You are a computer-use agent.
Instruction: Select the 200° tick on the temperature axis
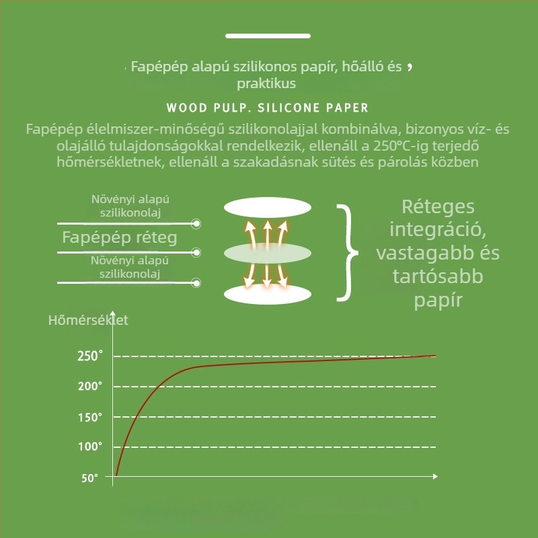pyautogui.click(x=90, y=386)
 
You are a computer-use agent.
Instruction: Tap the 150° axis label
pyautogui.click(x=90, y=417)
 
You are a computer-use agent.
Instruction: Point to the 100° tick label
pyautogui.click(x=90, y=447)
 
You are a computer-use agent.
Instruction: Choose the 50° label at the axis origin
pyautogui.click(x=89, y=478)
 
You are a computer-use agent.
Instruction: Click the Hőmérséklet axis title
pyautogui.click(x=88, y=320)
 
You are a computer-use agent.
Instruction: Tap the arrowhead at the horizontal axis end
pyautogui.click(x=435, y=476)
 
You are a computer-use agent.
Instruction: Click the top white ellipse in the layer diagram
pyautogui.click(x=268, y=208)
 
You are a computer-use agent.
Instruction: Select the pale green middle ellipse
pyautogui.click(x=268, y=254)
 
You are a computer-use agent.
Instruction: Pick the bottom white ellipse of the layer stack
pyautogui.click(x=268, y=295)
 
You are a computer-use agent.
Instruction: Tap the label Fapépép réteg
pyautogui.click(x=120, y=237)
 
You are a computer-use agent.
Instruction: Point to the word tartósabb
pyautogui.click(x=438, y=276)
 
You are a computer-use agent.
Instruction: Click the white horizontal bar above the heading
pyautogui.click(x=268, y=36)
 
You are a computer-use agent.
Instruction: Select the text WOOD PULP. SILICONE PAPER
pyautogui.click(x=267, y=108)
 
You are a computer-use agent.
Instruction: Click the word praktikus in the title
pyautogui.click(x=266, y=83)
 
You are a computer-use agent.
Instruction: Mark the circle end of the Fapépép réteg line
pyautogui.click(x=196, y=253)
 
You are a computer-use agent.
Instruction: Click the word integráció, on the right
pyautogui.click(x=438, y=230)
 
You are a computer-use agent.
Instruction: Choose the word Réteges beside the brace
pyautogui.click(x=438, y=206)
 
